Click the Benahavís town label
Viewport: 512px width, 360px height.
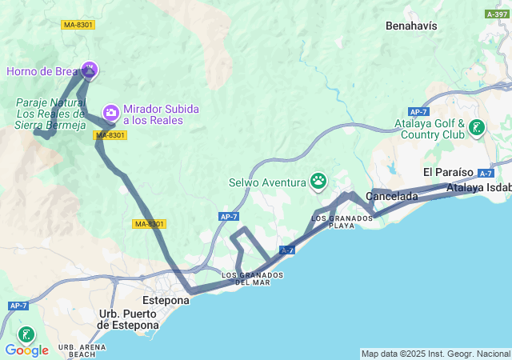(x=411, y=26)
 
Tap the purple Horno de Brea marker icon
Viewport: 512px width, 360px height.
(x=89, y=70)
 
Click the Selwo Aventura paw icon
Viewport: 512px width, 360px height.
(x=319, y=182)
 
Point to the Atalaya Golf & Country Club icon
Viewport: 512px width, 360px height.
(x=477, y=128)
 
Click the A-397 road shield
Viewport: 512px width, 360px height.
(x=495, y=14)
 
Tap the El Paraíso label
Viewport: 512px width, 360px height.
(x=448, y=173)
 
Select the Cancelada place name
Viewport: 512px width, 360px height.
(x=392, y=196)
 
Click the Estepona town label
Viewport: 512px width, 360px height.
(x=166, y=301)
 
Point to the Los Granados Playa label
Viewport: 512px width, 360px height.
(x=332, y=222)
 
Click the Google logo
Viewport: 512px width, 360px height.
(x=26, y=350)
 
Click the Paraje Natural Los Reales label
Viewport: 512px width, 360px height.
(x=50, y=113)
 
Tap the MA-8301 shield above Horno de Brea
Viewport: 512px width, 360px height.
(x=78, y=25)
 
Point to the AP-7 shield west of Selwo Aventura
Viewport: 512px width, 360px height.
(x=229, y=216)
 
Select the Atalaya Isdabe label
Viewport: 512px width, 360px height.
(x=479, y=188)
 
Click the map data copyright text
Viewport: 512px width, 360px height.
(x=435, y=354)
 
